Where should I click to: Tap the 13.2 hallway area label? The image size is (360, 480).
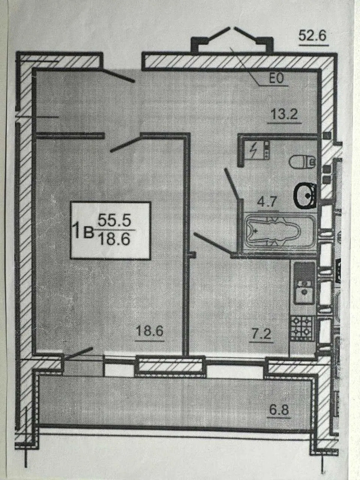284,114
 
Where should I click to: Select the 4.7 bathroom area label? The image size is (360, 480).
267,202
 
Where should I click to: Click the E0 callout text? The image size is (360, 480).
276,79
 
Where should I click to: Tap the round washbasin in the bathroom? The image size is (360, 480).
305,196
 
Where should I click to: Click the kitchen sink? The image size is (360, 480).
304,292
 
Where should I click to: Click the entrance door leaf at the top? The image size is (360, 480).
118,76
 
